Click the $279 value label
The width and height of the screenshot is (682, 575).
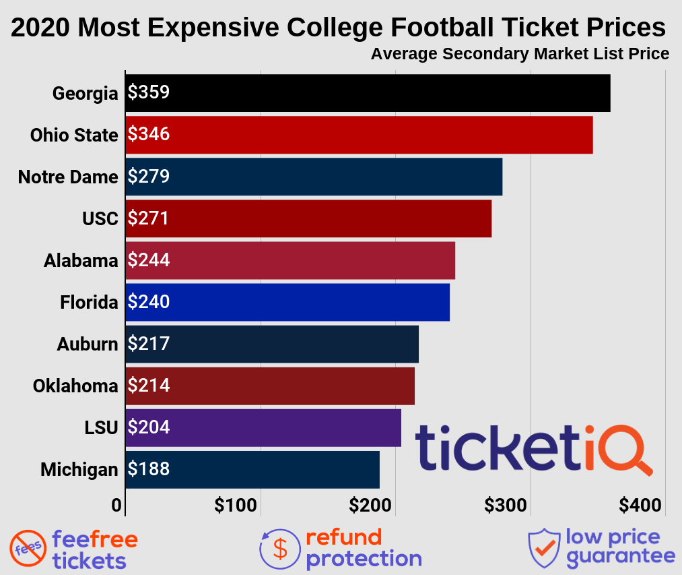pyautogui.click(x=149, y=177)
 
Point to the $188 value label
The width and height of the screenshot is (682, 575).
pyautogui.click(x=149, y=469)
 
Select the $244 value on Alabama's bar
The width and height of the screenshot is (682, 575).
pyautogui.click(x=149, y=260)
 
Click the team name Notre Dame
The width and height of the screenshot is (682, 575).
pyautogui.click(x=68, y=177)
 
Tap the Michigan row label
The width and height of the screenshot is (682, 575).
pyautogui.click(x=79, y=469)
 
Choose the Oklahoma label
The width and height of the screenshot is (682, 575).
pyautogui.click(x=75, y=386)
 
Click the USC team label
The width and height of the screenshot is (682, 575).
pyautogui.click(x=100, y=219)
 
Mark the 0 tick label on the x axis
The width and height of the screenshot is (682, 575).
pyautogui.click(x=117, y=506)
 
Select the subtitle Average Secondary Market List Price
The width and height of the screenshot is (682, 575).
pyautogui.click(x=520, y=54)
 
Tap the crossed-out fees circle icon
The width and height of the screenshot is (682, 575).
pyautogui.click(x=28, y=549)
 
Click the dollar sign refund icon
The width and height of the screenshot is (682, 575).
pyautogui.click(x=279, y=549)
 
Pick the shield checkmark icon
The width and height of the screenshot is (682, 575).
pyautogui.click(x=543, y=547)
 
